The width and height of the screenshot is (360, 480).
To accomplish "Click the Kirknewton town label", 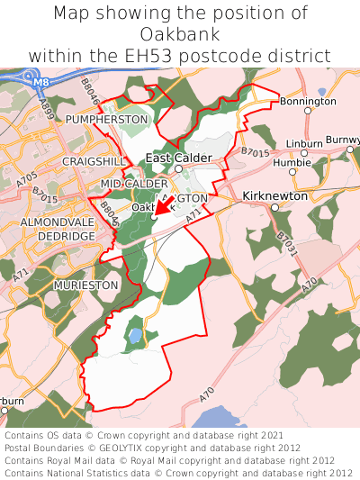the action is [275, 195].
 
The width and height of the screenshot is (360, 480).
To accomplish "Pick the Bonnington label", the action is [307, 102].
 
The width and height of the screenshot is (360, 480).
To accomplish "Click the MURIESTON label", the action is [86, 285].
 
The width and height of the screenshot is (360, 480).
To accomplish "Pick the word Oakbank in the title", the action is [180, 34].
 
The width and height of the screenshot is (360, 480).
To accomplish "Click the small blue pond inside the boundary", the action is [135, 336].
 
